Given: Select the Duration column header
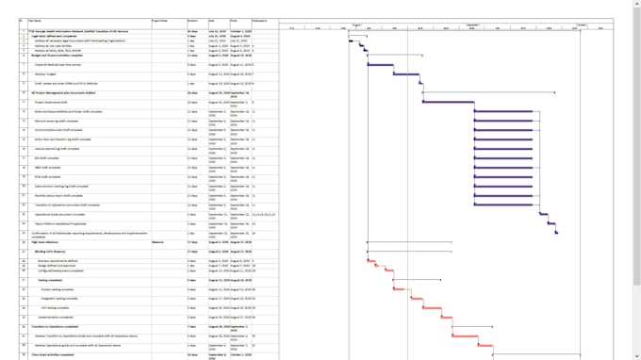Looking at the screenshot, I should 192,20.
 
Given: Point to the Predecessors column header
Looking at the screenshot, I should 260,20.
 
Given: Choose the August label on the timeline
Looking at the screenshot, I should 357,25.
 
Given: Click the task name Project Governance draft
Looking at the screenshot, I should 56,102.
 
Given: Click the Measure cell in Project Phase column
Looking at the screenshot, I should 158,241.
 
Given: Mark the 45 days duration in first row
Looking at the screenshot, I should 192,31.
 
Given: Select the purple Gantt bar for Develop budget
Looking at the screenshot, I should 406,74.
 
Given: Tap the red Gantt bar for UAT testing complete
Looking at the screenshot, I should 433,307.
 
